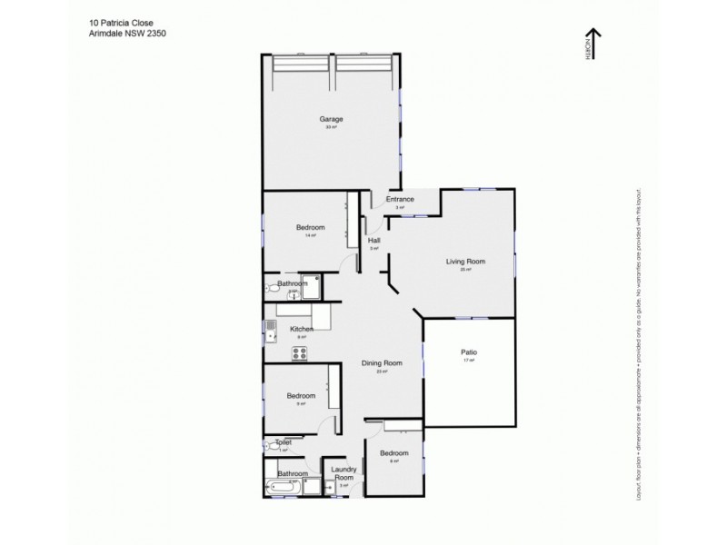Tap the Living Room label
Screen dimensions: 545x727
pyautogui.click(x=465, y=262)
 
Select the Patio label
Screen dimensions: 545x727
pyautogui.click(x=469, y=352)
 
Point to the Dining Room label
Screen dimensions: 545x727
pyautogui.click(x=382, y=363)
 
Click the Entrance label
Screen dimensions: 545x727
pyautogui.click(x=400, y=200)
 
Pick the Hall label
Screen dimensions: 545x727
pyautogui.click(x=373, y=241)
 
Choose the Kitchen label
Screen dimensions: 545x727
pyautogui.click(x=302, y=329)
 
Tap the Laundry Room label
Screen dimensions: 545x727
pyautogui.click(x=344, y=473)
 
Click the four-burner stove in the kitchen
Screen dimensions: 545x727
pyautogui.click(x=300, y=352)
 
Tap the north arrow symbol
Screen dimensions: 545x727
pyautogui.click(x=601, y=44)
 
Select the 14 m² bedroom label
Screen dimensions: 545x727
pyautogui.click(x=311, y=228)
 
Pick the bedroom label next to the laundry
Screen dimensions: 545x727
pyautogui.click(x=393, y=453)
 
